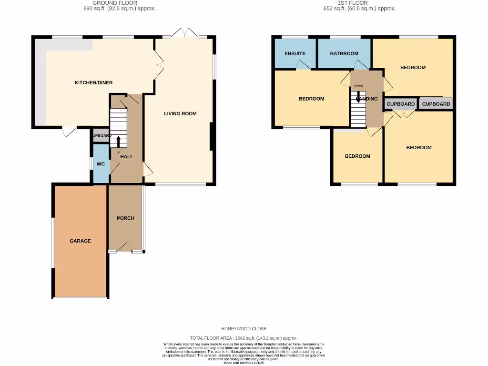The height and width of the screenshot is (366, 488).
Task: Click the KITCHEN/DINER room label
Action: pyautogui.click(x=93, y=83)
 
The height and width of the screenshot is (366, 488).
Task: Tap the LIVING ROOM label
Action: pyautogui.click(x=180, y=113)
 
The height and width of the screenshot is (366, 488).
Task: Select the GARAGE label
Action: pyautogui.click(x=80, y=241)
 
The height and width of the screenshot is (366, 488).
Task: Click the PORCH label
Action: pyautogui.click(x=125, y=218)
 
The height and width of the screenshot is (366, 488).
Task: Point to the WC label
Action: pyautogui.click(x=101, y=164)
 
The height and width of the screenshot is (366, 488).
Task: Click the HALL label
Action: pyautogui.click(x=126, y=156)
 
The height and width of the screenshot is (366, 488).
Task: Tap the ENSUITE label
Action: pyautogui.click(x=295, y=53)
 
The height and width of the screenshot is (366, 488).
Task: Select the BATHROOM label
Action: pyautogui.click(x=344, y=53)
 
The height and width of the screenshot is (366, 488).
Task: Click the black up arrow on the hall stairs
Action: pyautogui.click(x=119, y=141)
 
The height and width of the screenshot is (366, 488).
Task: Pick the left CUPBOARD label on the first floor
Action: pyautogui.click(x=400, y=104)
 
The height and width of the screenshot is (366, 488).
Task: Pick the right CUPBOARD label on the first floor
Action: pyautogui.click(x=436, y=104)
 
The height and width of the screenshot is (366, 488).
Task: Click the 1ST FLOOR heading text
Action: pyautogui.click(x=353, y=3)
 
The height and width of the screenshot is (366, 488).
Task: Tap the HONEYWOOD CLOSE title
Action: pyautogui.click(x=244, y=329)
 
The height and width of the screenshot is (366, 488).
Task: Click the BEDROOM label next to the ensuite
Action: pyautogui.click(x=311, y=99)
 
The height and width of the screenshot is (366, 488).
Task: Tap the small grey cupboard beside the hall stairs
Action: pyautogui.click(x=101, y=135)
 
